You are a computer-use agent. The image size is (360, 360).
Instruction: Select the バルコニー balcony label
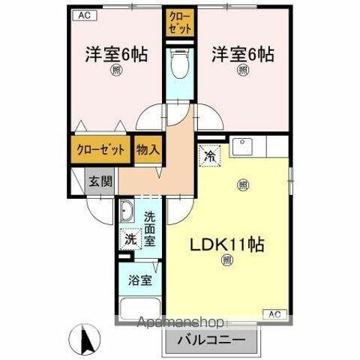point(211,339)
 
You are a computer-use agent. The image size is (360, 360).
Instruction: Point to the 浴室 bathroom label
point(138,282)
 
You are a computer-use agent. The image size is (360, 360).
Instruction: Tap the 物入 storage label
point(148,149)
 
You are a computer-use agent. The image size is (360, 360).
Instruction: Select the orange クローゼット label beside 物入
point(101,149)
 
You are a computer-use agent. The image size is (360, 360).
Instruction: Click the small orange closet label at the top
point(179,22)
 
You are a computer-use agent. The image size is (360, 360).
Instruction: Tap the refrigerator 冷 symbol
point(210,157)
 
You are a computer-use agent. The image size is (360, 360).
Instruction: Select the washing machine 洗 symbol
point(130,240)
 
